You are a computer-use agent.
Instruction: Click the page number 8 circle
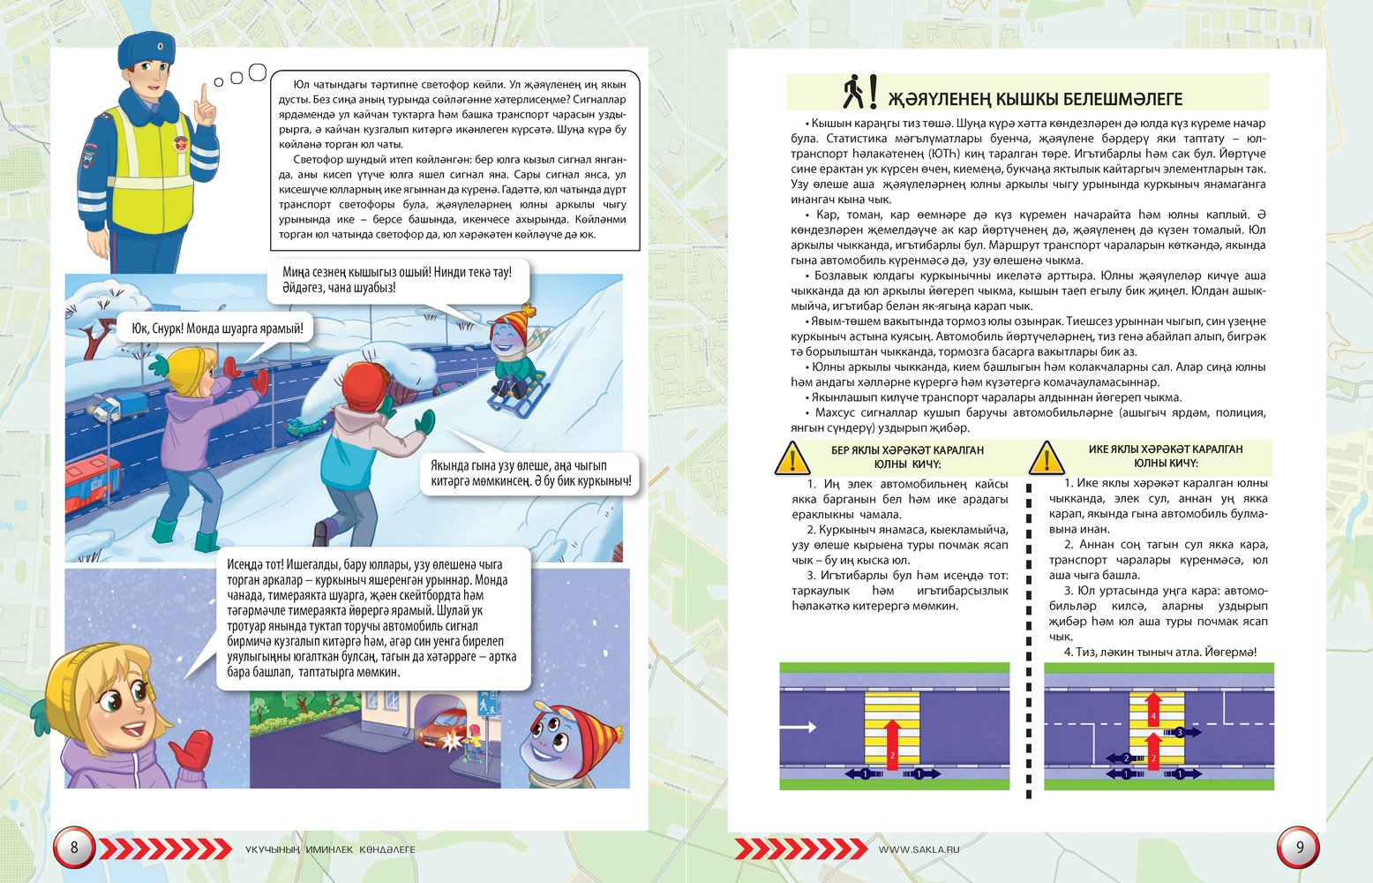[x=74, y=849]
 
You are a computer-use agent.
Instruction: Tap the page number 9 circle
[x=1298, y=849]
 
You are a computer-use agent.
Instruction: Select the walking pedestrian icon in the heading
[x=853, y=91]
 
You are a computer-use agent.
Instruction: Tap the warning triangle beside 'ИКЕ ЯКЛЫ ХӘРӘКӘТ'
[x=1047, y=458]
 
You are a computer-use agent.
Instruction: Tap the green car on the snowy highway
[x=304, y=426]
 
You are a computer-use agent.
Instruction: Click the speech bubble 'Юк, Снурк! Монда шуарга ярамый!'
[x=216, y=328]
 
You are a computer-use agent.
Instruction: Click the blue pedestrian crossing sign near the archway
[x=484, y=707]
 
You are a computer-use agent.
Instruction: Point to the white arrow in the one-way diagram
[x=799, y=728]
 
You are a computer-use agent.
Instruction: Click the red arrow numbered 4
[x=1153, y=711]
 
